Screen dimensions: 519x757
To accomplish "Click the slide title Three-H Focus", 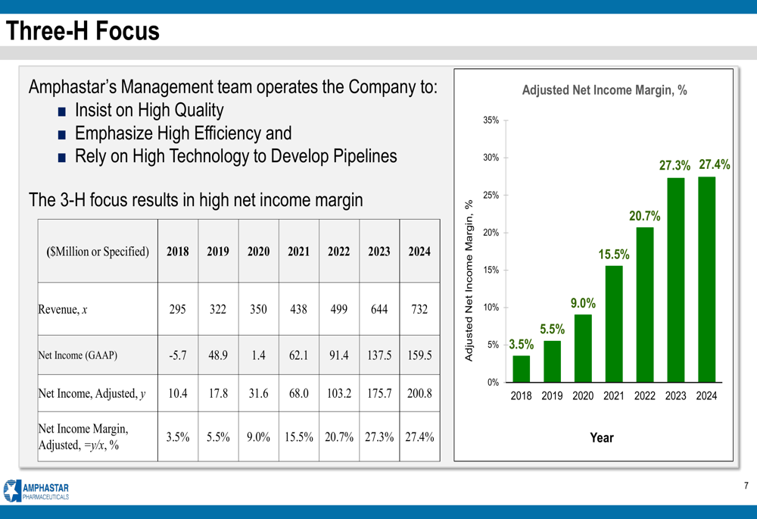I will click(x=83, y=31).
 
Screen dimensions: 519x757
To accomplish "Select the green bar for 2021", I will click(x=614, y=324).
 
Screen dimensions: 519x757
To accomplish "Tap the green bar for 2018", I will click(x=521, y=369).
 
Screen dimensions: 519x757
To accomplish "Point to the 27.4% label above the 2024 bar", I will click(x=714, y=164).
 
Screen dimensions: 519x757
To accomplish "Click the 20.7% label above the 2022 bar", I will click(x=644, y=217).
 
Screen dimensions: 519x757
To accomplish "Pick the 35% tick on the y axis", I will click(x=491, y=120).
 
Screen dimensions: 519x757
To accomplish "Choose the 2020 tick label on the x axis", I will click(x=583, y=396).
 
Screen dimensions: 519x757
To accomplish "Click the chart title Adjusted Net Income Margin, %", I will click(x=604, y=90).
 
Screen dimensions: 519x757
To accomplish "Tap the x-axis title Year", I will click(x=602, y=437).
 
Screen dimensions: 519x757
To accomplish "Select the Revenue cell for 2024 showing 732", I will click(x=419, y=309).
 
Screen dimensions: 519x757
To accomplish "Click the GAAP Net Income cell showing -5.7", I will click(x=177, y=355).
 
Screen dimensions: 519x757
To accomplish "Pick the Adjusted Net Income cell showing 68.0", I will click(x=298, y=393).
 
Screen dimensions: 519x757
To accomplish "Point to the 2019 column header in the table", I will click(x=218, y=252).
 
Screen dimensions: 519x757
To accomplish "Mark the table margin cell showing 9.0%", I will click(x=258, y=436).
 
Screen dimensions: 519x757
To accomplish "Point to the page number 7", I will click(x=745, y=486).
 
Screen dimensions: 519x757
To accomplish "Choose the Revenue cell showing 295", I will click(x=177, y=309).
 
